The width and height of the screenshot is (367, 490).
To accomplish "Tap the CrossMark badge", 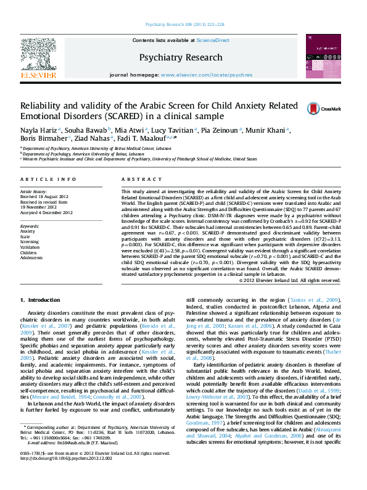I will [315, 109].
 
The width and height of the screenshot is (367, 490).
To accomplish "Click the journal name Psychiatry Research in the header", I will [181, 57].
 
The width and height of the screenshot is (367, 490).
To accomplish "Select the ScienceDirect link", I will [213, 39].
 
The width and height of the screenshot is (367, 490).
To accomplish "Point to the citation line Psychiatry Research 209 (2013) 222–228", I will [184, 24].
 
